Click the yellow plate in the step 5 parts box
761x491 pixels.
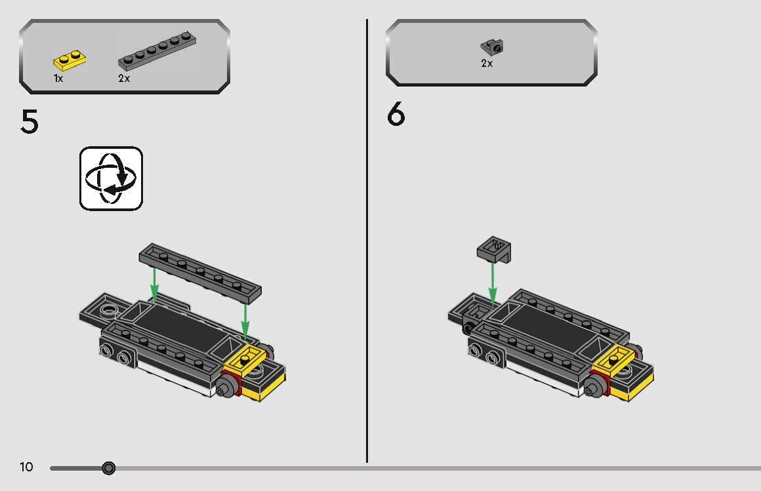pyautogui.click(x=70, y=61)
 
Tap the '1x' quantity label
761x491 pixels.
pyautogui.click(x=58, y=79)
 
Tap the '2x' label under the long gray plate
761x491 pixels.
pyautogui.click(x=124, y=79)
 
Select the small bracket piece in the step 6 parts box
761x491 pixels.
pyautogui.click(x=492, y=47)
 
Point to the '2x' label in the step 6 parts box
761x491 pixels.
pyautogui.click(x=487, y=64)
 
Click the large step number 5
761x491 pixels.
pyautogui.click(x=30, y=122)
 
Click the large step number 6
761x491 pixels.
pyautogui.click(x=396, y=115)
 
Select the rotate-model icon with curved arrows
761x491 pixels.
pyautogui.click(x=111, y=178)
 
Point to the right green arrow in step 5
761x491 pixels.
pyautogui.click(x=245, y=319)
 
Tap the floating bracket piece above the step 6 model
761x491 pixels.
pyautogui.click(x=494, y=248)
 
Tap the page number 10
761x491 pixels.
pyautogui.click(x=26, y=467)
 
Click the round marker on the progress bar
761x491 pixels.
pyautogui.click(x=109, y=468)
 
